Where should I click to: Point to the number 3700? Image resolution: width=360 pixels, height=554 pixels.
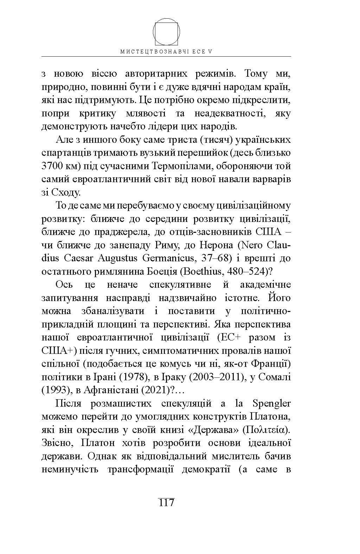tap(52, 166)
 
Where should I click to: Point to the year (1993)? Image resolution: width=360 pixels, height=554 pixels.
tap(54, 390)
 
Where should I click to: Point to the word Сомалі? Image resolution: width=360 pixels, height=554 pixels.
tap(276, 377)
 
